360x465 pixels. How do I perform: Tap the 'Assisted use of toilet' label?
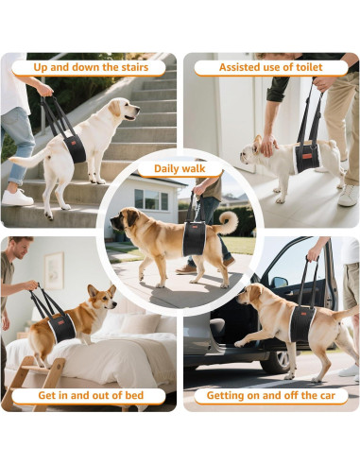point(270,68)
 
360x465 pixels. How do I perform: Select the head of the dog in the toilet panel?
point(252,148)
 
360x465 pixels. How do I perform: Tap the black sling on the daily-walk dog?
point(193,239)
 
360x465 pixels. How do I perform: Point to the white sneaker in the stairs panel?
point(17,197)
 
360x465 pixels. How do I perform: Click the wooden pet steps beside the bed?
point(35,379)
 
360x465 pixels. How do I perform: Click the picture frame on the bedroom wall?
point(54,270)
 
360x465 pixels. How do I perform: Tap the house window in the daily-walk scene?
point(148,199)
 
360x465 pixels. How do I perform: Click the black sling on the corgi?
point(62,326)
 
